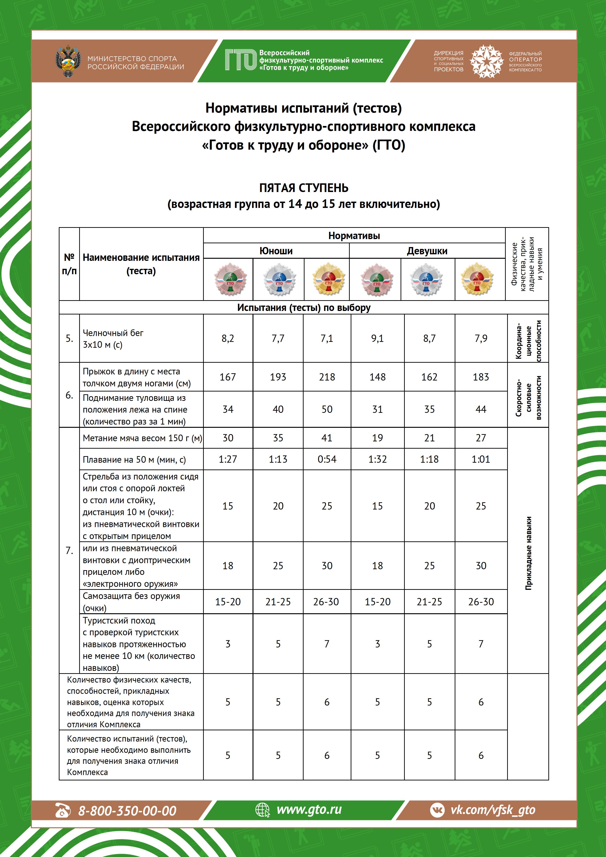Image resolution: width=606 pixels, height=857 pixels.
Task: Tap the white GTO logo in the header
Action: coord(241,60)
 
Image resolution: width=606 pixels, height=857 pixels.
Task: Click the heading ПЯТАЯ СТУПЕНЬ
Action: coord(304,188)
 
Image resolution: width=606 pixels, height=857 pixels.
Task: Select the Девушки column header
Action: coord(427,251)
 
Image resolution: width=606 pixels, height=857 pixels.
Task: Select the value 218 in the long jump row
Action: coord(327,377)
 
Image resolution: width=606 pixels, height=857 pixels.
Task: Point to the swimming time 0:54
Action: coord(327,459)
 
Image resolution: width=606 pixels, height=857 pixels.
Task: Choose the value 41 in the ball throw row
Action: coord(327,438)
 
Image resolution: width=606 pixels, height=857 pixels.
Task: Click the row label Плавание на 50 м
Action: coord(134,459)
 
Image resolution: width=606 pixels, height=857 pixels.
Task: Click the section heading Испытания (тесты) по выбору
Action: coord(304,308)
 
